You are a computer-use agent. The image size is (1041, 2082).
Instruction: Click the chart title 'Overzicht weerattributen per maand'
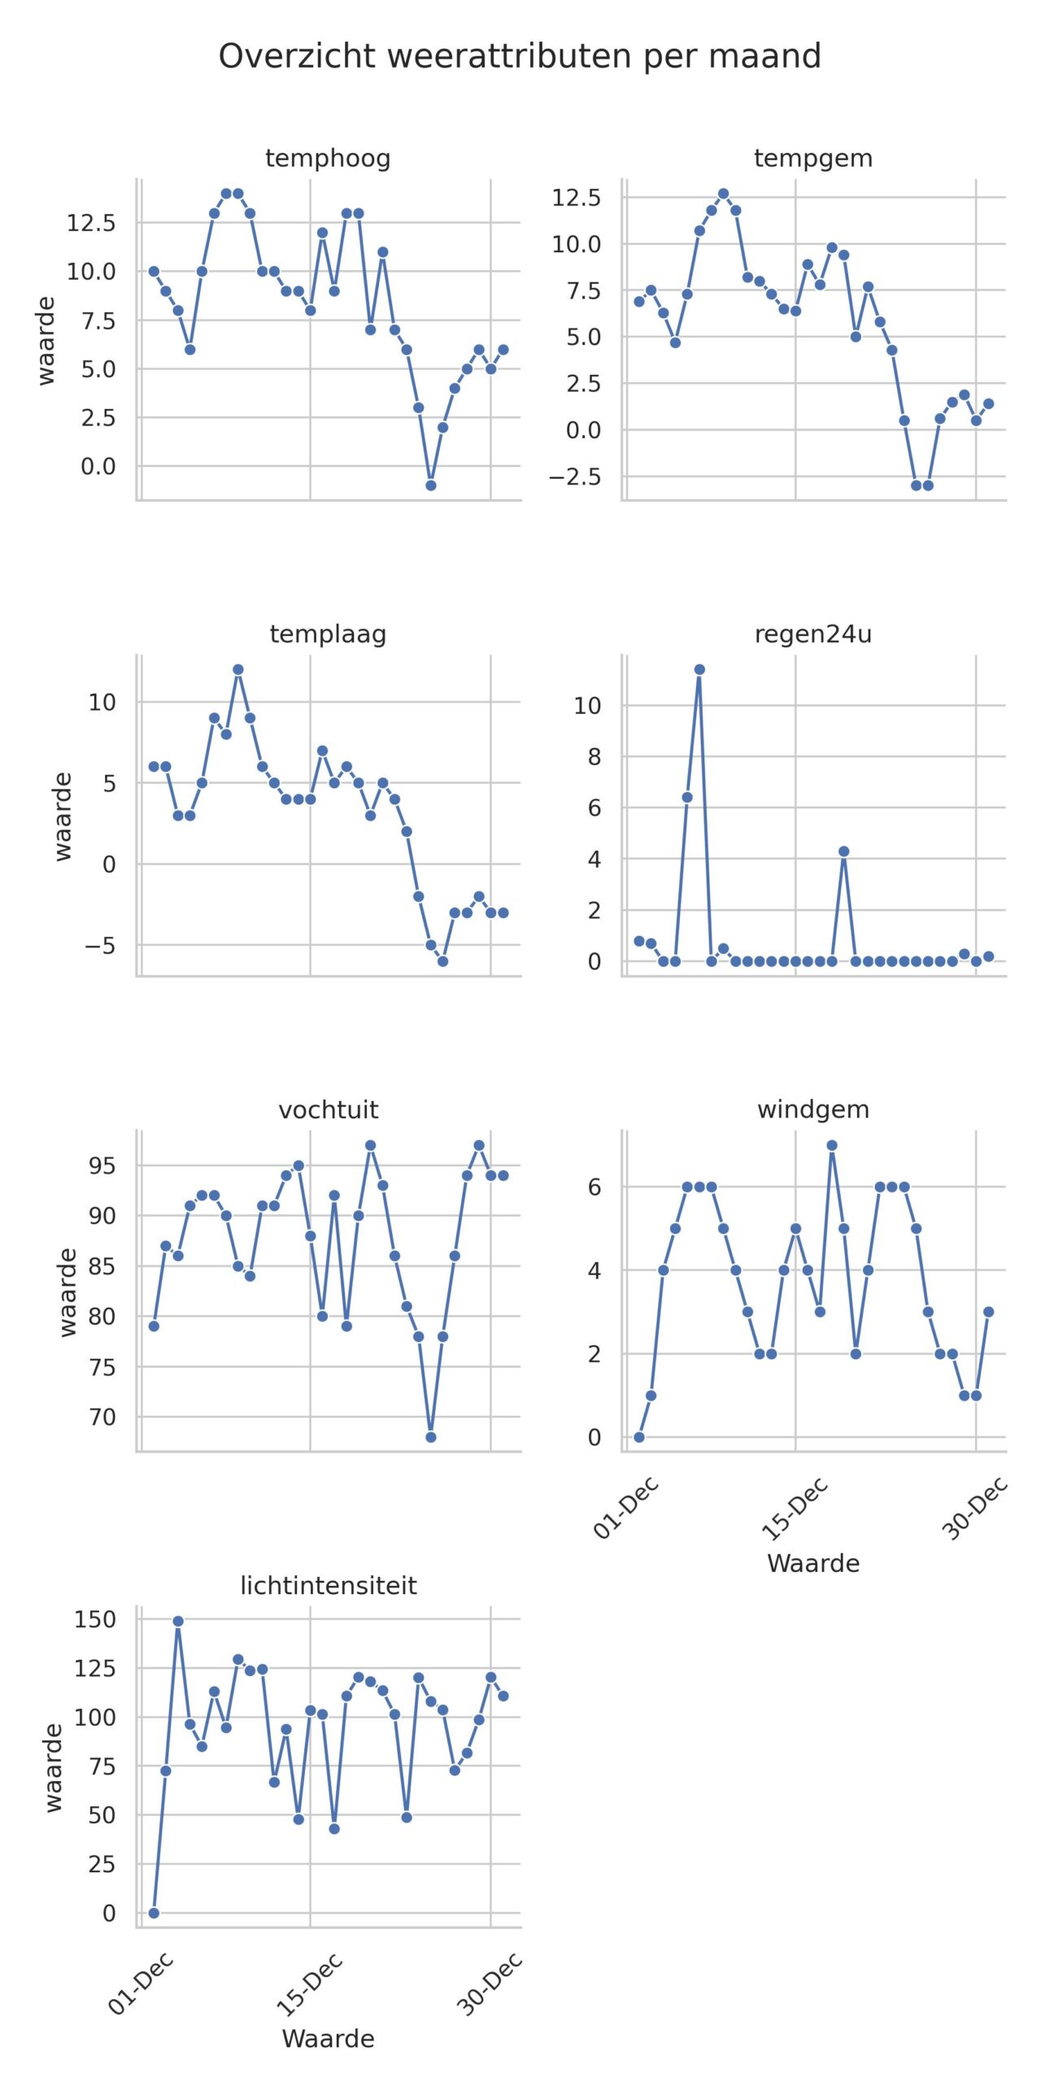tap(520, 57)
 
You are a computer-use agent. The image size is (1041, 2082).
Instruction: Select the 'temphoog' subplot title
tap(328, 159)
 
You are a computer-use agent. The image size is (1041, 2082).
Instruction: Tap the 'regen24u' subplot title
tap(812, 634)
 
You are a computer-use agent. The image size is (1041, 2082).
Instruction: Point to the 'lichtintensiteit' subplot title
tap(328, 1585)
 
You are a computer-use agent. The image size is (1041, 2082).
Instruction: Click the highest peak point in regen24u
tap(699, 670)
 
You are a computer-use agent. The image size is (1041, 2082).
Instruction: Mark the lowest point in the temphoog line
tap(431, 486)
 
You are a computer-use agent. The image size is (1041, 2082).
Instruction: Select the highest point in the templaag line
tap(238, 670)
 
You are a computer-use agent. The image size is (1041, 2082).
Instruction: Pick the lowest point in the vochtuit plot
tap(431, 1437)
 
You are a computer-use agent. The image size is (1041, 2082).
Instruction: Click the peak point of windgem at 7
tap(832, 1146)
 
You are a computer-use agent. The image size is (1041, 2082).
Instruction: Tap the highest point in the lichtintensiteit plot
tap(178, 1622)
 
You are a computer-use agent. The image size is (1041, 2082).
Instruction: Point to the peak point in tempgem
tap(723, 194)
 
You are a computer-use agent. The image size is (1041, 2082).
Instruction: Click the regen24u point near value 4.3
tap(844, 852)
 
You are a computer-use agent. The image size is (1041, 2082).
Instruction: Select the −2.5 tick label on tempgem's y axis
tap(575, 477)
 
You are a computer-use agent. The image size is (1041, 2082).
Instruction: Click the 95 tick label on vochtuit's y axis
tap(102, 1165)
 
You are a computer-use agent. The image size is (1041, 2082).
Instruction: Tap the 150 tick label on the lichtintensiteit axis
tap(95, 1620)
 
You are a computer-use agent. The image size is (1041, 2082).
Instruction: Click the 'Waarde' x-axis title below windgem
tap(812, 1563)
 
